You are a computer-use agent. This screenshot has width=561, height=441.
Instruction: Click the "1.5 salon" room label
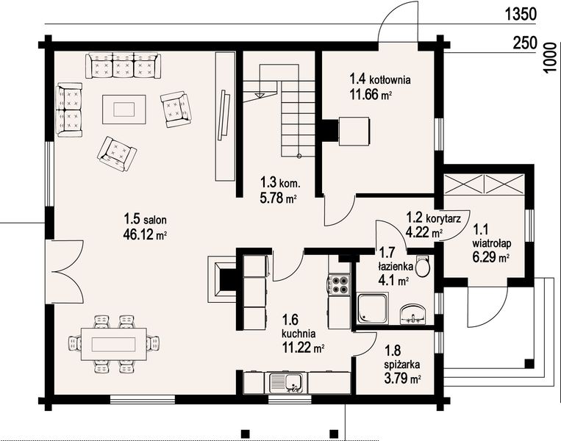click(x=145, y=218)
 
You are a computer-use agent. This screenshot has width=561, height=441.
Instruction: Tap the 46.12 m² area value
click(x=145, y=234)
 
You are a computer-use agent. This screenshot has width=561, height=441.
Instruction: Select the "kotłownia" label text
click(x=390, y=79)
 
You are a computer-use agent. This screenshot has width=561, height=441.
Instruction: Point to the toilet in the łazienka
click(x=422, y=266)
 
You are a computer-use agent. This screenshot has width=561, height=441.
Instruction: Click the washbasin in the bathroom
click(x=414, y=314)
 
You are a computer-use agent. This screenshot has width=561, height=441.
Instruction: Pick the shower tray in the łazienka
click(x=373, y=309)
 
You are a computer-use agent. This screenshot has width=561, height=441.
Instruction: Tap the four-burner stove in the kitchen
click(x=338, y=285)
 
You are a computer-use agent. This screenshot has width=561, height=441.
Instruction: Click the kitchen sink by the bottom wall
click(x=286, y=383)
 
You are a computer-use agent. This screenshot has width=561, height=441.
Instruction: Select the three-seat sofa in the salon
click(x=123, y=65)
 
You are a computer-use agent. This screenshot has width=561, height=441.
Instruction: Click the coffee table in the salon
click(x=124, y=109)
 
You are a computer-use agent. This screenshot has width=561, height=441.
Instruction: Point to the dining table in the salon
click(x=114, y=345)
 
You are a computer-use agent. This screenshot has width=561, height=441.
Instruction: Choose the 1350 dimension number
click(x=521, y=14)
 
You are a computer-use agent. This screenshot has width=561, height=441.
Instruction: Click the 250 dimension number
click(x=525, y=43)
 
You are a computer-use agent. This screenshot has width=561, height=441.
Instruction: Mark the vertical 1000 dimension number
click(x=550, y=57)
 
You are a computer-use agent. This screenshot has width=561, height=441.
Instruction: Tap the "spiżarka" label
click(x=402, y=365)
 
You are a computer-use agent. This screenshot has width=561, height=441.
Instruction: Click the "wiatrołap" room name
click(x=492, y=244)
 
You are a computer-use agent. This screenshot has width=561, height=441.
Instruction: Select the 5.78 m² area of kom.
click(x=279, y=198)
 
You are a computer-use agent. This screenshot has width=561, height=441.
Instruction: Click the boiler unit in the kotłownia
click(x=354, y=132)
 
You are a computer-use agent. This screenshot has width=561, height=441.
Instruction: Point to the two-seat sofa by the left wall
click(x=69, y=110)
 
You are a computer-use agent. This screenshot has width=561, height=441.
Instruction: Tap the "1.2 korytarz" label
click(x=433, y=218)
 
